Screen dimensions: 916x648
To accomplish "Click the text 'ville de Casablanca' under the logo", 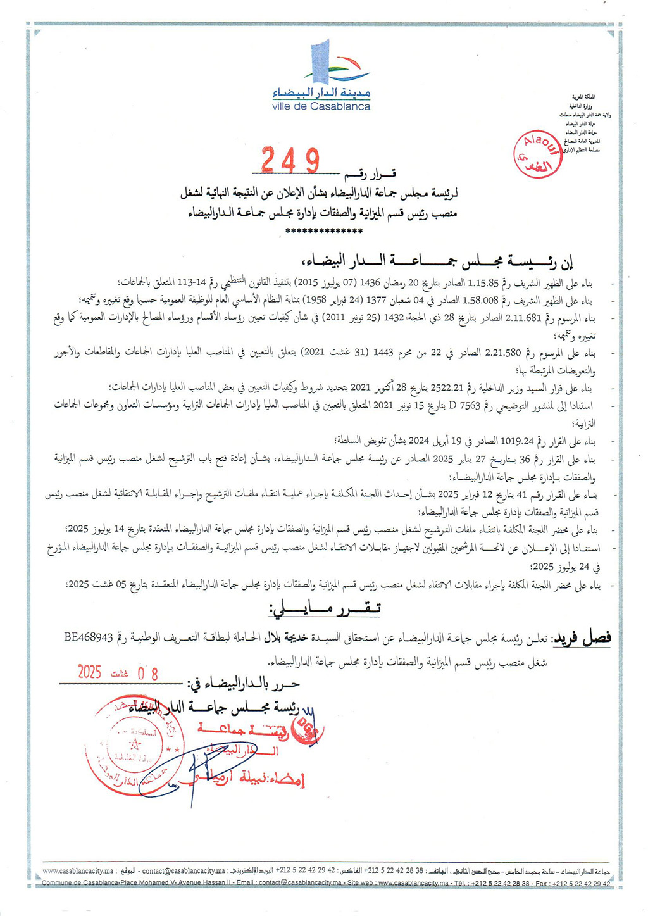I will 321,107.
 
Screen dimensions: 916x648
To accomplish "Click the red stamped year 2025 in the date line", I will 90,672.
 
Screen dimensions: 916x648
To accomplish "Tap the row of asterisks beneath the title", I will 323,232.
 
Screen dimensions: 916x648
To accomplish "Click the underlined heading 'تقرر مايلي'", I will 325,609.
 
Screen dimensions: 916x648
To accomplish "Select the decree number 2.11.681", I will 522,318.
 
